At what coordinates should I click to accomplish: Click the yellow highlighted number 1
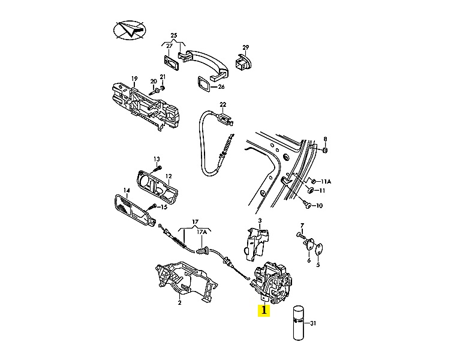pos(264,310)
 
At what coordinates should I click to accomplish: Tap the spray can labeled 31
pos(298,323)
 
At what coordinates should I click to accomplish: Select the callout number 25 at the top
pos(174,35)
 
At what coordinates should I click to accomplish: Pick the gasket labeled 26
pos(203,84)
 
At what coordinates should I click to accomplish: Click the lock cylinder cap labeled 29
pos(243,62)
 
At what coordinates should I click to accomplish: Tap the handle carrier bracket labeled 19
pos(145,106)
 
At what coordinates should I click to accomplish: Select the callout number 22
pos(223,105)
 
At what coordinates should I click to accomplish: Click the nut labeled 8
pos(324,150)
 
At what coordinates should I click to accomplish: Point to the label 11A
pos(326,182)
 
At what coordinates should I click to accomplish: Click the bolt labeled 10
pos(308,205)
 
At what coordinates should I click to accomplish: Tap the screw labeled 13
pos(158,170)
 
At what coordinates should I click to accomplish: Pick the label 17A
pos(202,232)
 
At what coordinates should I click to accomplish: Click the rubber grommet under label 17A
pos(203,251)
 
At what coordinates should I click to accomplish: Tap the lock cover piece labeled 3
pos(256,244)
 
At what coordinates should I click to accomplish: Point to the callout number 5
pos(318,266)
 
